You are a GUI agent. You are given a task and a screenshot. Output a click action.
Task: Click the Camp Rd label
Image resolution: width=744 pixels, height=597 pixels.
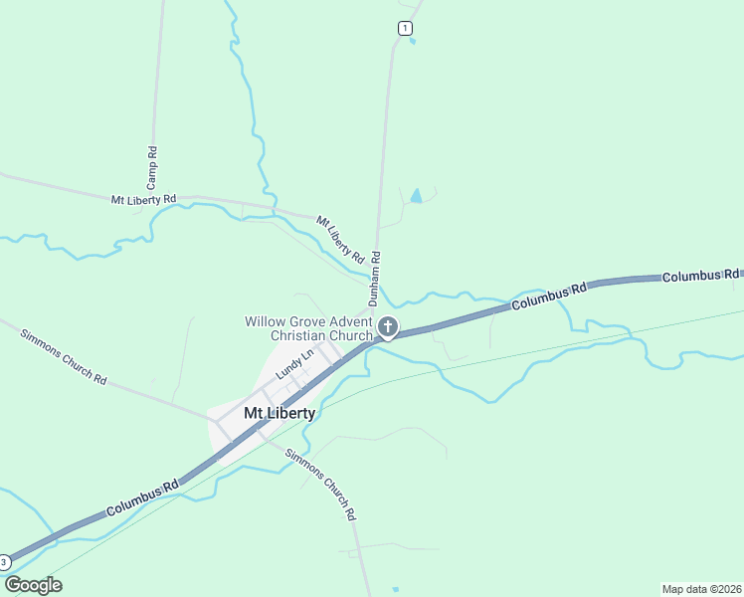[152, 168]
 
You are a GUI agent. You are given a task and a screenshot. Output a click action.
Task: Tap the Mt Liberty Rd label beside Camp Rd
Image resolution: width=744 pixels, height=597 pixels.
[143, 199]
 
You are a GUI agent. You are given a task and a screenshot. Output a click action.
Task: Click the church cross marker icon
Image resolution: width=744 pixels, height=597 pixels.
[388, 326]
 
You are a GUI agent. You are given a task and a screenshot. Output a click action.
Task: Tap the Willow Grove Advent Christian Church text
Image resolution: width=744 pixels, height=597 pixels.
[308, 328]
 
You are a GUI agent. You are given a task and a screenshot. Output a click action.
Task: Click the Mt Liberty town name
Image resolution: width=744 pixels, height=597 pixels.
[279, 413]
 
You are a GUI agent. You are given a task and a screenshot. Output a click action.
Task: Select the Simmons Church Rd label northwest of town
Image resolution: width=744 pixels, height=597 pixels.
[64, 355]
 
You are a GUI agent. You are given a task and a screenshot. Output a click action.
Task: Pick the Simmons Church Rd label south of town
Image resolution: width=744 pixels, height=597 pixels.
[320, 486]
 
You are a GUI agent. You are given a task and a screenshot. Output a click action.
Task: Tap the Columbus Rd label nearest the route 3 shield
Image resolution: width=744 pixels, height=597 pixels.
[142, 497]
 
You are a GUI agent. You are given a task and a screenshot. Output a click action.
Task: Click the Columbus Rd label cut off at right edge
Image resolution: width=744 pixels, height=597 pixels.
[701, 275]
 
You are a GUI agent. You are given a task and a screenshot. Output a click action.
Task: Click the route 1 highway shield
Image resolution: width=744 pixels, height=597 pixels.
[404, 28]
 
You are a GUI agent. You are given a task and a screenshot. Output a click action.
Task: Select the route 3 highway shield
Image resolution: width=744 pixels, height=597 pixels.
[5, 562]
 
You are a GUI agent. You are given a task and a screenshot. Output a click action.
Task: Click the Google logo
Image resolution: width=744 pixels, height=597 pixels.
[33, 585]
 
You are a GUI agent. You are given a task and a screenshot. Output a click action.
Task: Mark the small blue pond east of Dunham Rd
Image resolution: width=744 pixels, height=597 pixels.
[416, 196]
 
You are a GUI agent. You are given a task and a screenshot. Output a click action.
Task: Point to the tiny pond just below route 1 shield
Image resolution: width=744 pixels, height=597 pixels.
[412, 42]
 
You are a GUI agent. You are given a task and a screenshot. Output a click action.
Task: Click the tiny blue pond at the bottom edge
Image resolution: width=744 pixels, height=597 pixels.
[396, 590]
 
